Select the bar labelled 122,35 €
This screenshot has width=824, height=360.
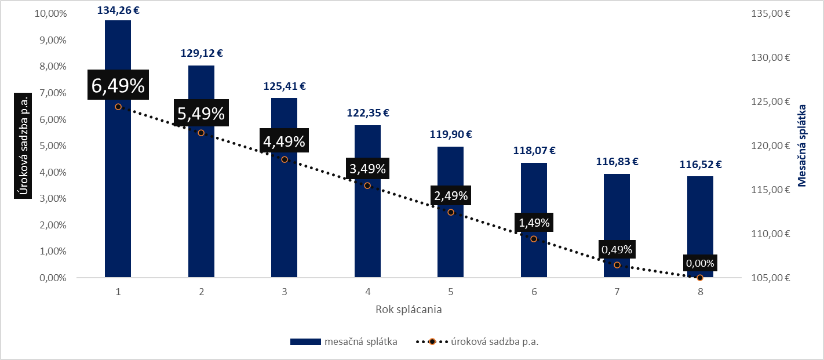(x=367, y=232)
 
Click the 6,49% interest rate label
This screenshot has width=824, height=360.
(x=118, y=85)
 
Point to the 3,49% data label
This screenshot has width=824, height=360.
(x=367, y=169)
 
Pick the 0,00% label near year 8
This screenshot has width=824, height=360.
(x=700, y=263)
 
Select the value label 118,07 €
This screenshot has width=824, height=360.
(x=534, y=151)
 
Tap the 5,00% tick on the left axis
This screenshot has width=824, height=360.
(x=51, y=146)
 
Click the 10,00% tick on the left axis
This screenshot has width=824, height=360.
(x=49, y=13)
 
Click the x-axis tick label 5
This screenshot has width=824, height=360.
(x=450, y=292)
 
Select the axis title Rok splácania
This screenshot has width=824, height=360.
(x=408, y=309)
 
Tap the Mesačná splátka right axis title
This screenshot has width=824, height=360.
(x=802, y=146)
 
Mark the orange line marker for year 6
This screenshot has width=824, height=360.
(x=534, y=239)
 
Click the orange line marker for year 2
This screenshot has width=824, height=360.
(x=201, y=133)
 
